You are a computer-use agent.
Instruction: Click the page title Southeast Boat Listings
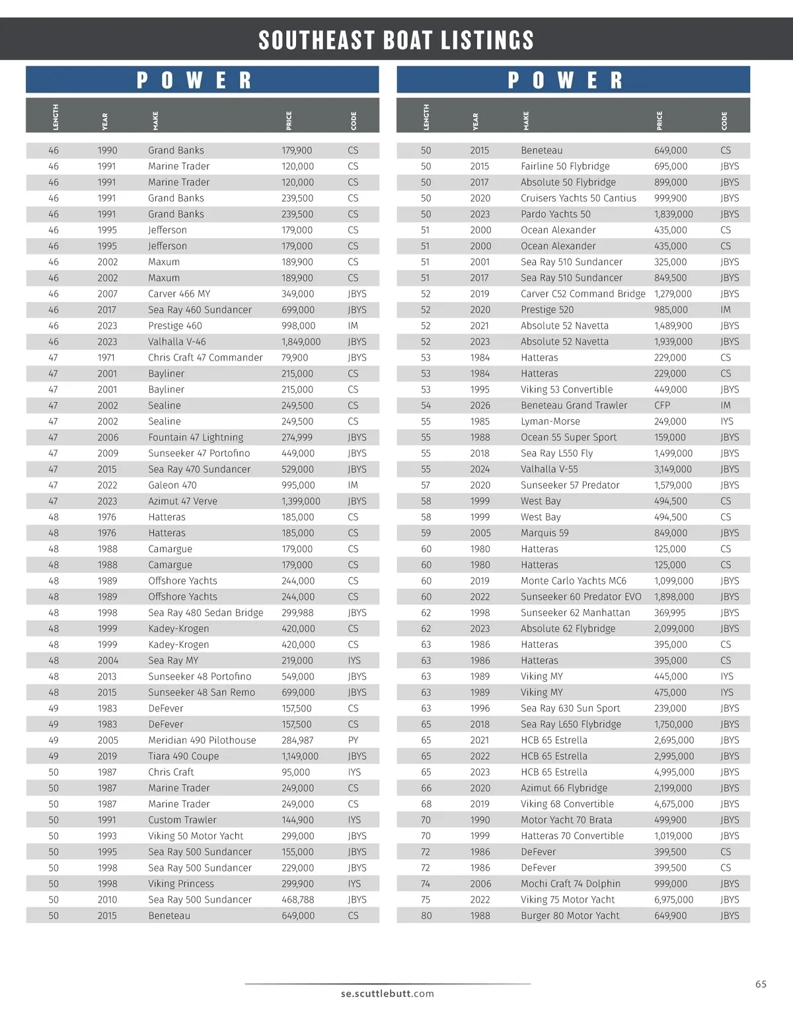pos(396,40)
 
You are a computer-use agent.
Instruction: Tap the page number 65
pos(761,985)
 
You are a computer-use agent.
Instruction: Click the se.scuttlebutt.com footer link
pos(387,993)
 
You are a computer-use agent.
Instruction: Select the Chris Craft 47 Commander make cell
pos(205,358)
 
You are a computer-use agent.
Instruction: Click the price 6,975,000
pos(673,900)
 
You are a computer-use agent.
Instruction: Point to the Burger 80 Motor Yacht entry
pos(570,916)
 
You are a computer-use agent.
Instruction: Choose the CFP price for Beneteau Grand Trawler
pos(661,405)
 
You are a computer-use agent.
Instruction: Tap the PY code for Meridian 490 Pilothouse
pos(353,741)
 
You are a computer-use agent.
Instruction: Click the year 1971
pos(107,358)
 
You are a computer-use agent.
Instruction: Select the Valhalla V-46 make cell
pos(176,342)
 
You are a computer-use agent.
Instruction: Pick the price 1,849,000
pos(301,342)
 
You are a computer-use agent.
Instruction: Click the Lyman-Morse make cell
pos(550,421)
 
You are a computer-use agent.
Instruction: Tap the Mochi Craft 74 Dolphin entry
pos(570,884)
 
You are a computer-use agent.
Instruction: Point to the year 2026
pos(480,405)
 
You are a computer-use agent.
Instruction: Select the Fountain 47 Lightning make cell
pos(195,437)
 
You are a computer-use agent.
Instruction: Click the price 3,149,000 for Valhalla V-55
pos(673,469)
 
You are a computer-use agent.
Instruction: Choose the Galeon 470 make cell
pos(172,485)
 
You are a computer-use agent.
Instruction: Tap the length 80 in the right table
pos(426,916)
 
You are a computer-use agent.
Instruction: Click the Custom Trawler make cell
pos(182,820)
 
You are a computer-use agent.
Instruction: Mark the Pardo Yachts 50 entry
pos(555,214)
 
